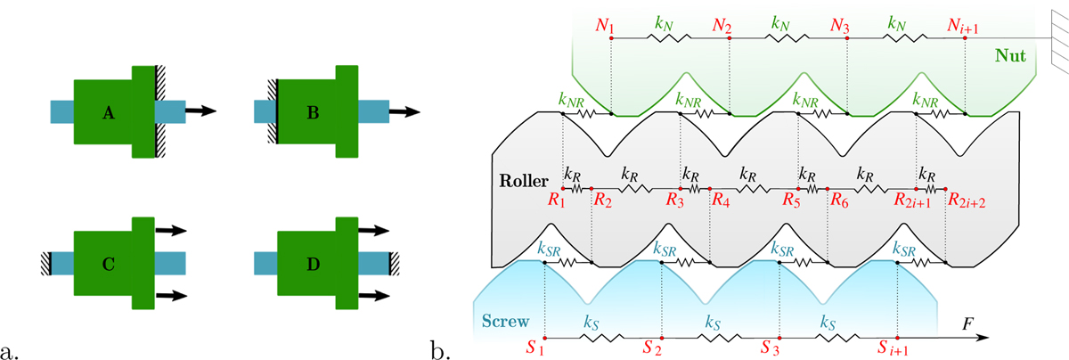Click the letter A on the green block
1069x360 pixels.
108,112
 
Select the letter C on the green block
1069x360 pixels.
108,265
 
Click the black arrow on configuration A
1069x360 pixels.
200,111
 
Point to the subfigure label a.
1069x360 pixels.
11,349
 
